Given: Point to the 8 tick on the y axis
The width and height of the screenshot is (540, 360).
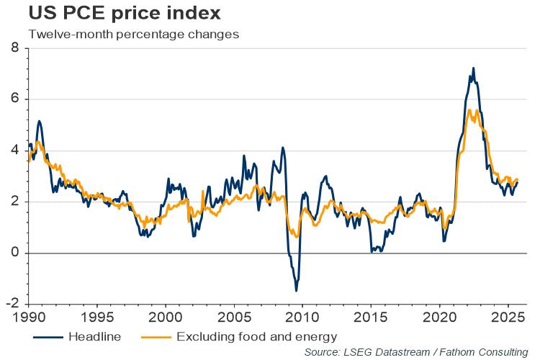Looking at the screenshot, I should [14, 48].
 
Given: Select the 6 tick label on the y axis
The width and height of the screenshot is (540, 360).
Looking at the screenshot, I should [14, 99].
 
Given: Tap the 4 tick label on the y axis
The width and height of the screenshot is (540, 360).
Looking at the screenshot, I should [14, 150].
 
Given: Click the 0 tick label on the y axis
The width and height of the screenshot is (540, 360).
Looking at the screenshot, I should [14, 253].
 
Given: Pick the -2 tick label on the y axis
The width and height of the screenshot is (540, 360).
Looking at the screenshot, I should [12, 304].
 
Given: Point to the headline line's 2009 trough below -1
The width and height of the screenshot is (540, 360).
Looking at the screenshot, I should [296, 290].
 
